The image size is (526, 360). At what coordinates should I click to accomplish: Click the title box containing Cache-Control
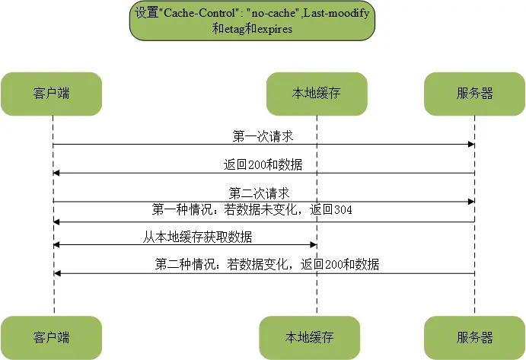pos(263,21)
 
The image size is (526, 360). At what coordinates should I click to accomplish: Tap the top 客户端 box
pos(51,94)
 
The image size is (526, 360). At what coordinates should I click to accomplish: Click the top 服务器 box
pos(474,94)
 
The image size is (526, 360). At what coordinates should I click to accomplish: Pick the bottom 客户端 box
pos(51,337)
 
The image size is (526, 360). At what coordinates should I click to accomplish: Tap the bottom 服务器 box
pos(474,337)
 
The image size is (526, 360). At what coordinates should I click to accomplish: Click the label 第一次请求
pos(263,136)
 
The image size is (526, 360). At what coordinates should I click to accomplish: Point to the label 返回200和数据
pos(263,164)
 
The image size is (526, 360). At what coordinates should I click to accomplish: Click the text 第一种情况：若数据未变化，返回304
pos(251,209)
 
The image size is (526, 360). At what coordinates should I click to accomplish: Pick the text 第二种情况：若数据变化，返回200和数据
pos(267,264)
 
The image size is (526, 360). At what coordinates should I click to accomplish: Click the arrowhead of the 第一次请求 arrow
pos(471,145)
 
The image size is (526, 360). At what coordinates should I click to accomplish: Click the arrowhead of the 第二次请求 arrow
pos(471,202)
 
